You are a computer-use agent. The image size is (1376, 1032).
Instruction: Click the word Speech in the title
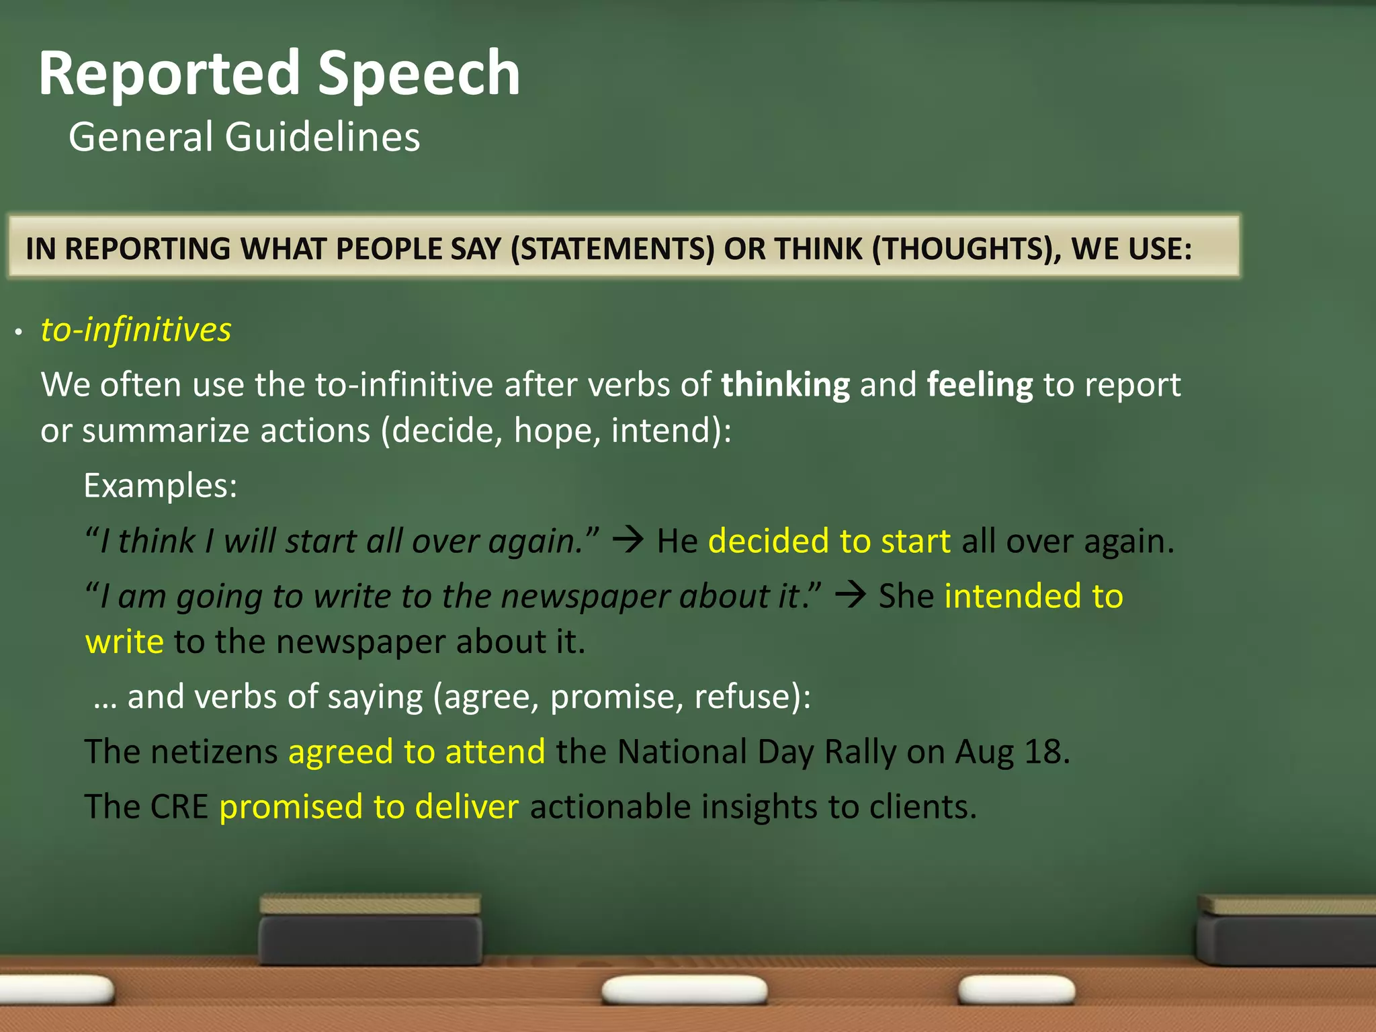click(418, 74)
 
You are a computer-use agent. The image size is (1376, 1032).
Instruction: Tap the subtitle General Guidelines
click(244, 137)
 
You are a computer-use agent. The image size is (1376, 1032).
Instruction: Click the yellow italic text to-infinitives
click(136, 330)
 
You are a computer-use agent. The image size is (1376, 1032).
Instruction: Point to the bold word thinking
click(785, 386)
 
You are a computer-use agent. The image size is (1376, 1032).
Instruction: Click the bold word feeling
click(979, 386)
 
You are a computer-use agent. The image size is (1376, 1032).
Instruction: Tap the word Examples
click(160, 485)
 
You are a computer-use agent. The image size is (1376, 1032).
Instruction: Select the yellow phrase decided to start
click(829, 542)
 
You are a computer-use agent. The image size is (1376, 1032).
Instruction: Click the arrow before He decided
click(629, 540)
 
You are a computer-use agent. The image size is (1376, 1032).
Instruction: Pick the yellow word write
click(124, 642)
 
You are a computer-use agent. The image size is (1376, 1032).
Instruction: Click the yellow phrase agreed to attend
click(417, 752)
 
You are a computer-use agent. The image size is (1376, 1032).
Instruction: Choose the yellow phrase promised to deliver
click(369, 807)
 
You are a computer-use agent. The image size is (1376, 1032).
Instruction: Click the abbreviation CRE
click(179, 807)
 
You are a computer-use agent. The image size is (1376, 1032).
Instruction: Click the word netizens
click(214, 752)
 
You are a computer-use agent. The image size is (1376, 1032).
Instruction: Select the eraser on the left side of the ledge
click(370, 931)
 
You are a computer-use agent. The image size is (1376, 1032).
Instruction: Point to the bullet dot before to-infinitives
click(19, 332)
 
